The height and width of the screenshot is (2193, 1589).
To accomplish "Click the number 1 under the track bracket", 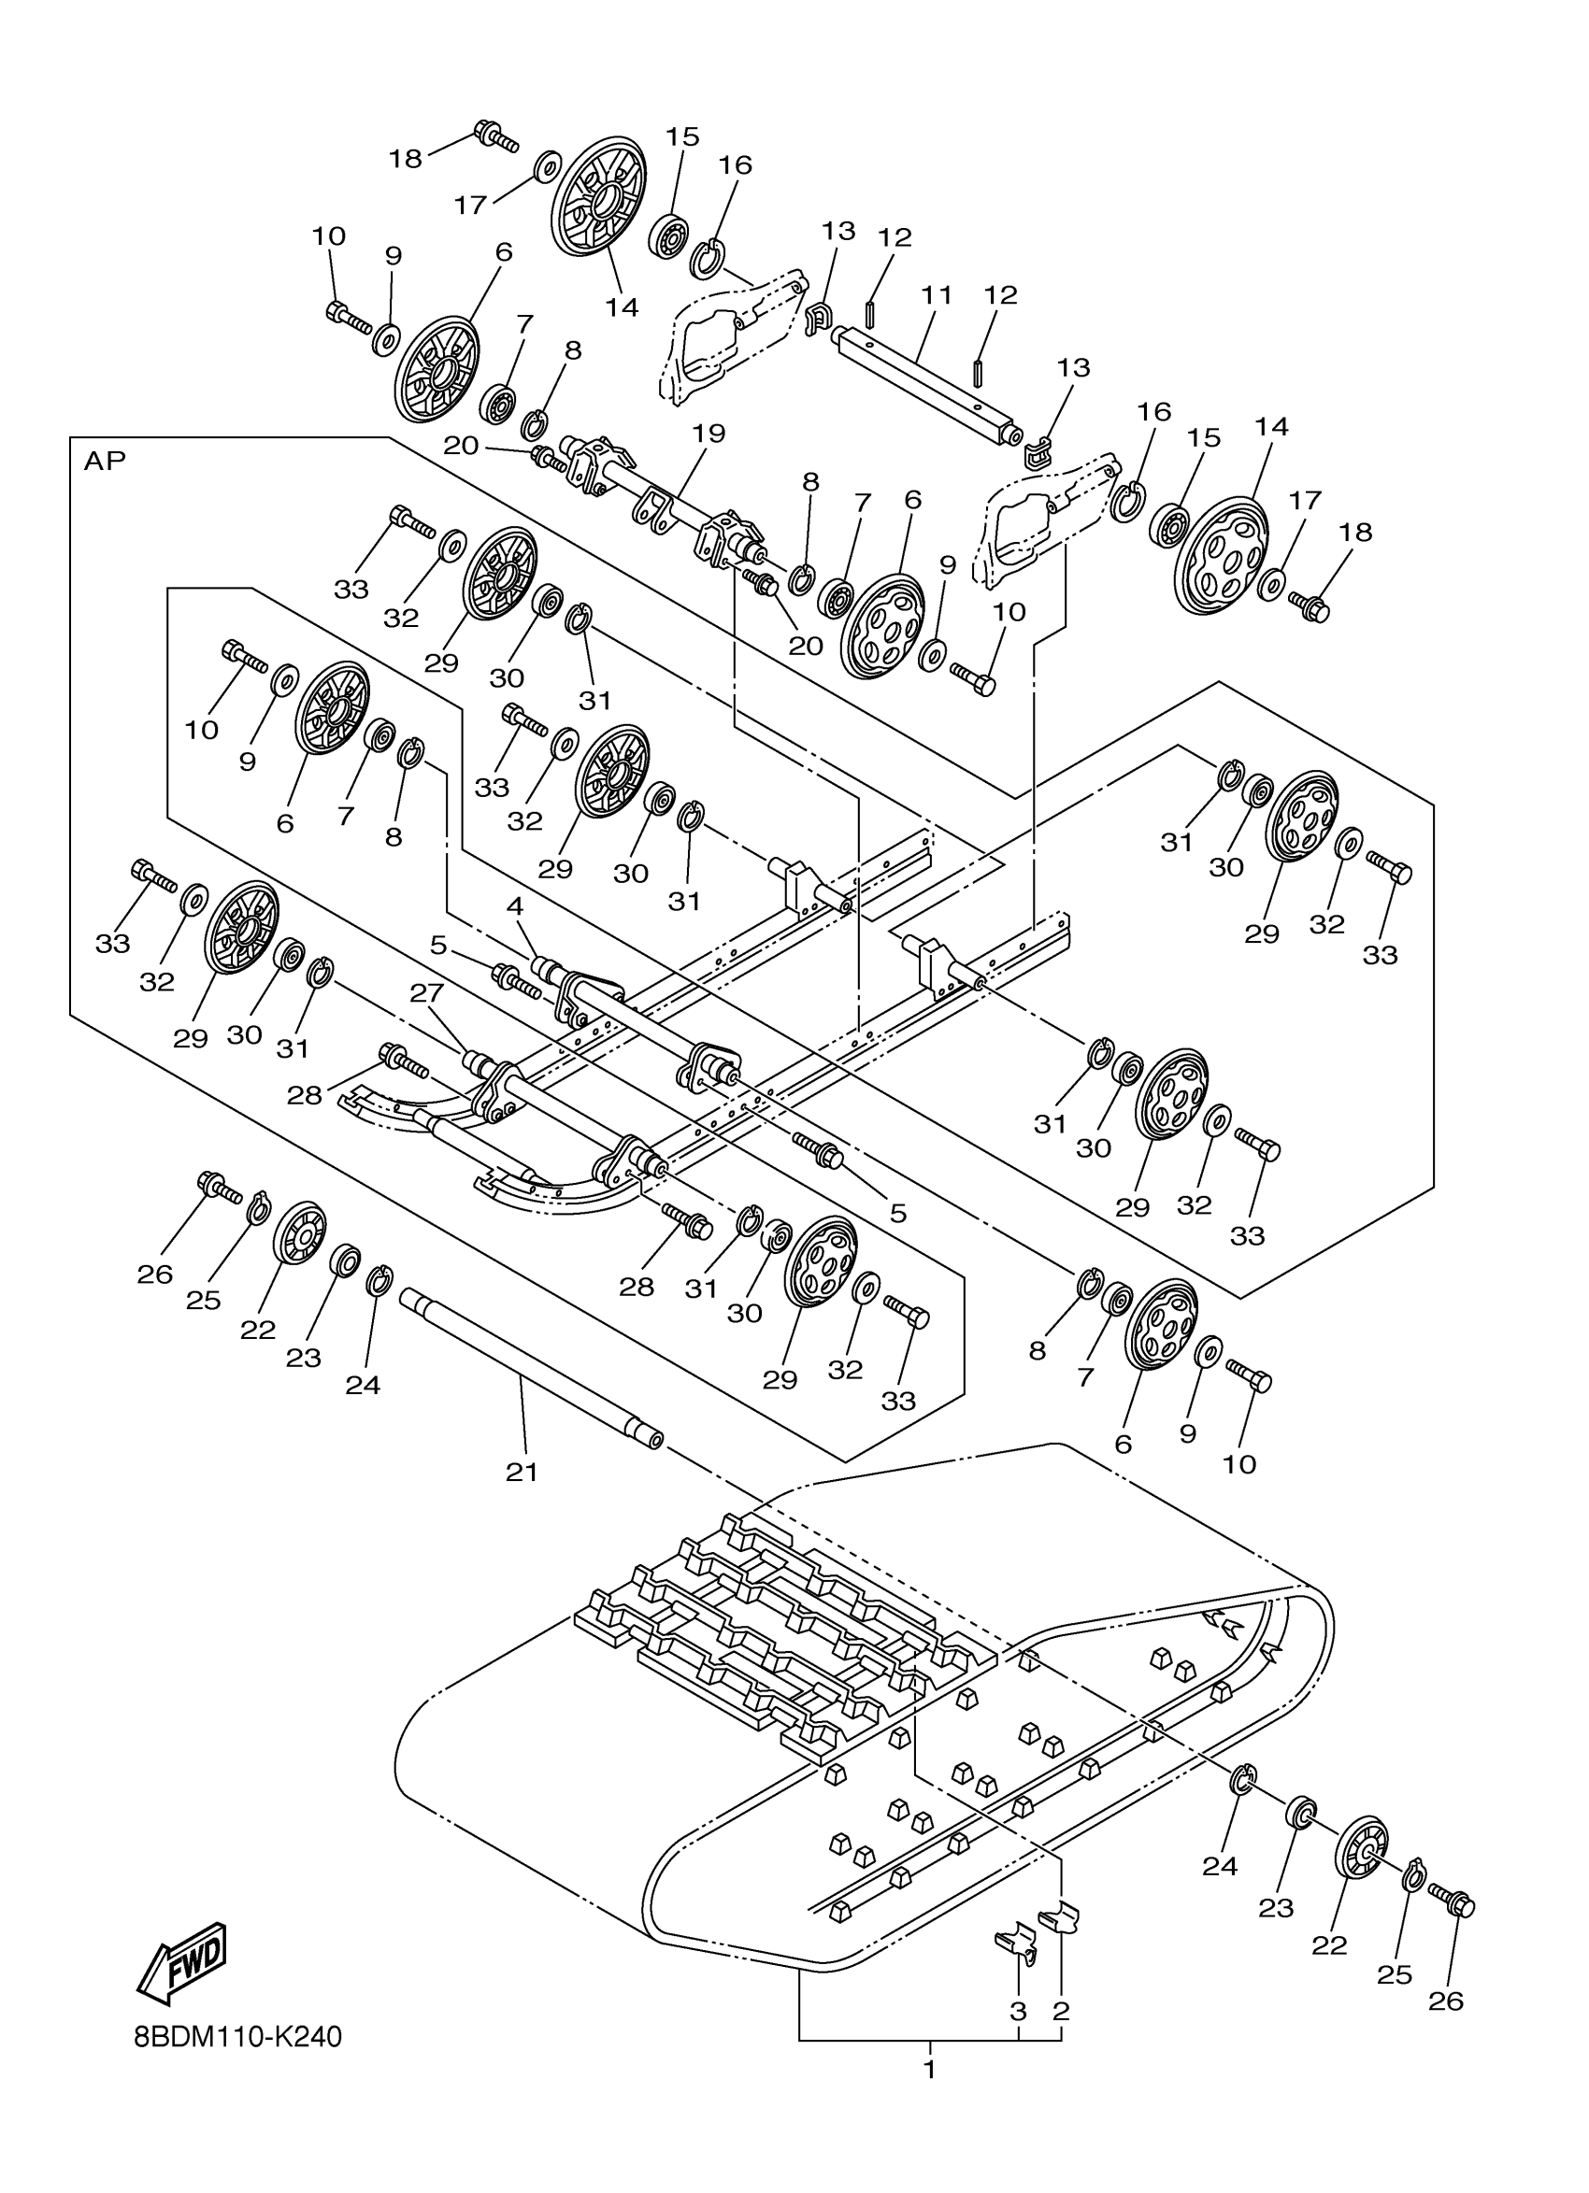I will click(x=928, y=2072).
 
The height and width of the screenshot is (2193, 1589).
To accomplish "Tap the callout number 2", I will click(x=1061, y=2011).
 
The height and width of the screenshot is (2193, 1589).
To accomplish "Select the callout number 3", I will click(x=1017, y=2011).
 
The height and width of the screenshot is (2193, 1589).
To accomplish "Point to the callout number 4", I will click(x=514, y=906).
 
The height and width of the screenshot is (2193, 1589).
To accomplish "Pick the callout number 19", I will click(x=709, y=434).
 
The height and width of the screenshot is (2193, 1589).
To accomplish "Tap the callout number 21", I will click(x=522, y=1472).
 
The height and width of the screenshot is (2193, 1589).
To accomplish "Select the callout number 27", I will click(x=424, y=993).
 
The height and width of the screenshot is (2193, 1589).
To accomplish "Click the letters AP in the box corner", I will click(x=105, y=461).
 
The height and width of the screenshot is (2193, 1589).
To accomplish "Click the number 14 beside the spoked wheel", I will click(x=623, y=307).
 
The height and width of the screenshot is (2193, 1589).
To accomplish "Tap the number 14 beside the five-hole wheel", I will click(x=1272, y=426).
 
